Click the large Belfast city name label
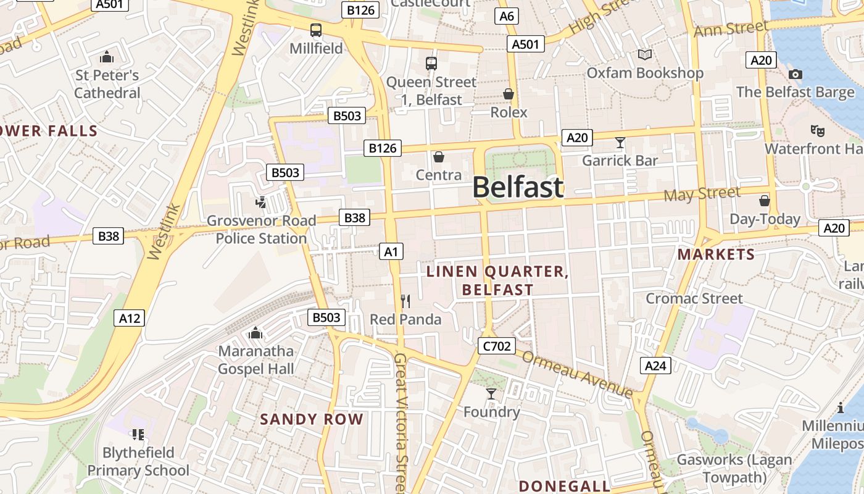518,187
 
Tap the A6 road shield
506,16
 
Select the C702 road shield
496,346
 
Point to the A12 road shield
130,318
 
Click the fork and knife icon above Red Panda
405,301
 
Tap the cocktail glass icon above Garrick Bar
620,143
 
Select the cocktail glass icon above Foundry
491,394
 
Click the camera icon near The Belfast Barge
795,75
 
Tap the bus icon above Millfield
316,30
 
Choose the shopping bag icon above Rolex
509,94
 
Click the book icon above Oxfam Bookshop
645,55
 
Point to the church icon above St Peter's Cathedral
107,57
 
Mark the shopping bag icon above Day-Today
765,201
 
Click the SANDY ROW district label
312,419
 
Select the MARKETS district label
716,254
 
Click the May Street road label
702,194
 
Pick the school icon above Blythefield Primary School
138,435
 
